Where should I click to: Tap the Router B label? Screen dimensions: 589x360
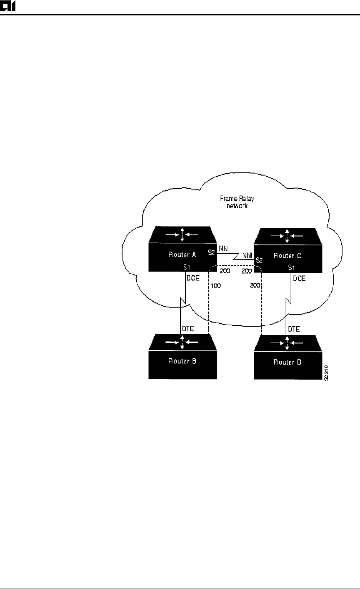coord(182,362)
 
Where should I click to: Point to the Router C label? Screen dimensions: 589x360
coord(287,257)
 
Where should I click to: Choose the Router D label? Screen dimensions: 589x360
coord(287,362)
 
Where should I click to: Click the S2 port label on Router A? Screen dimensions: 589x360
coord(211,252)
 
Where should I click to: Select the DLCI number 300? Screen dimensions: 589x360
coord(255,287)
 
